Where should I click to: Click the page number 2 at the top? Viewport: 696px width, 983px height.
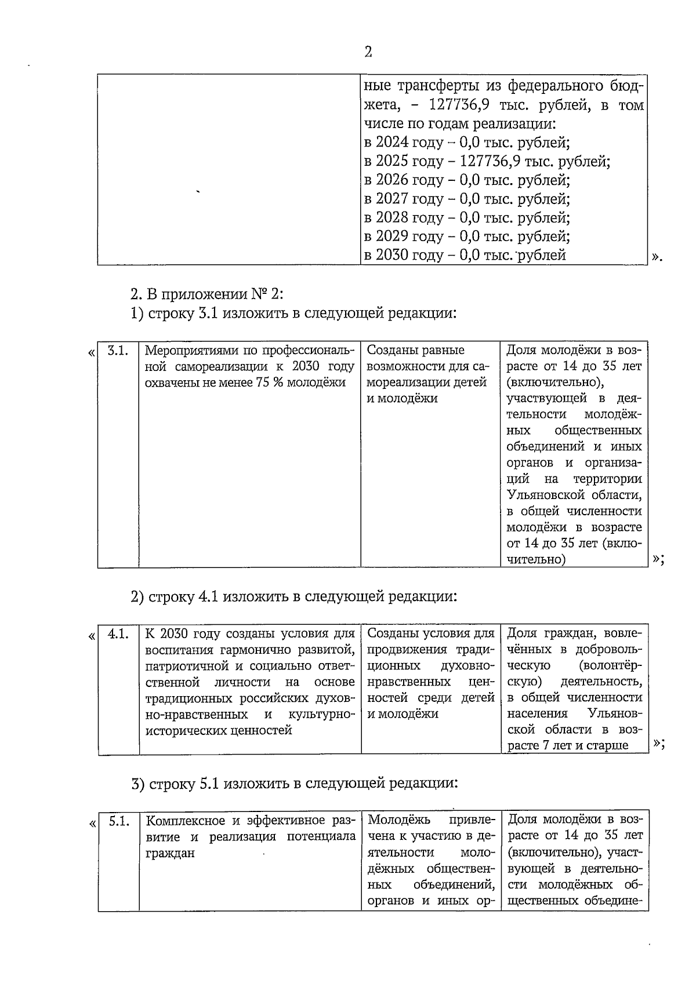click(x=368, y=52)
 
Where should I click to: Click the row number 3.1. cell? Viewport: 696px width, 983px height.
click(x=118, y=351)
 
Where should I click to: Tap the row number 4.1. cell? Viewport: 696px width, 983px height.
click(x=118, y=634)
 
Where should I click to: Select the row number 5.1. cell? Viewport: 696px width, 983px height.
click(x=118, y=821)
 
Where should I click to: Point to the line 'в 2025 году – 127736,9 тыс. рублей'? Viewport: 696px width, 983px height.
click(x=487, y=161)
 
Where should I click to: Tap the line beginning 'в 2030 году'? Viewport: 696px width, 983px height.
click(x=465, y=255)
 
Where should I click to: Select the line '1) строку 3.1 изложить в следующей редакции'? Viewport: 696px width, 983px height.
click(x=293, y=314)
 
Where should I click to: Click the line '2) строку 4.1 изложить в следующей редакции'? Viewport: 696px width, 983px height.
click(x=293, y=596)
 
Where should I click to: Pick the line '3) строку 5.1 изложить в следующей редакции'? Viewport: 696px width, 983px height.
click(x=294, y=784)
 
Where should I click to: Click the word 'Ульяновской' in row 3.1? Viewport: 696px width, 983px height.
click(x=541, y=496)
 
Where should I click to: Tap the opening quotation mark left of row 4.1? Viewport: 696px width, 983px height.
click(x=92, y=636)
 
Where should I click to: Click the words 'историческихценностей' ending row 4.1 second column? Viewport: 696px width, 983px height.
click(x=218, y=731)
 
